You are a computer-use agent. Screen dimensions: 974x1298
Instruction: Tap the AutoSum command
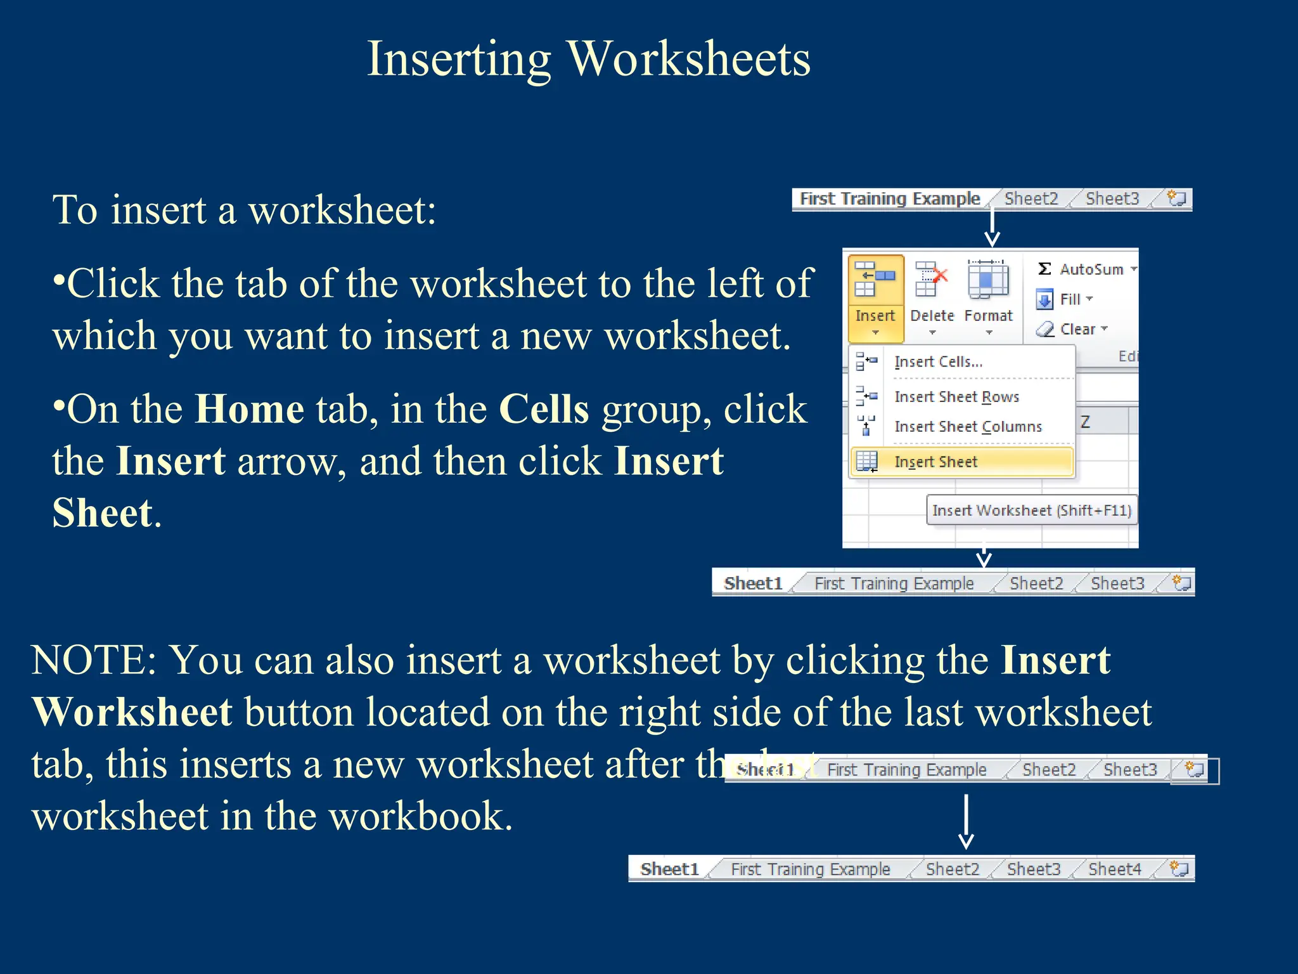click(1085, 269)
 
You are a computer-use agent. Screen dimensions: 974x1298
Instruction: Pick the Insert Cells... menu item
click(938, 362)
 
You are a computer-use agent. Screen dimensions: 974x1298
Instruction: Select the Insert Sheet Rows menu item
click(956, 397)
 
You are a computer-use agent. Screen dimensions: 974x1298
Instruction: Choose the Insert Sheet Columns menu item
click(968, 427)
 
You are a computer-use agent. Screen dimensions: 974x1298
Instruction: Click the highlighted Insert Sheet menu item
click(935, 462)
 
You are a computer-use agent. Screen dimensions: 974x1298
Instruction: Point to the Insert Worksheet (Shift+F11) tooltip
click(1031, 510)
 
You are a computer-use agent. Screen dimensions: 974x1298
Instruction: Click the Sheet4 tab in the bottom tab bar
click(1114, 869)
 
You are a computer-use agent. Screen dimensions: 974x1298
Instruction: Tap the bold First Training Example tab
click(889, 199)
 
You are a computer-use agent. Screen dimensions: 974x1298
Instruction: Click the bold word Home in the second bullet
click(249, 409)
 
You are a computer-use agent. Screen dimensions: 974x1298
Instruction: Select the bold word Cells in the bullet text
click(544, 409)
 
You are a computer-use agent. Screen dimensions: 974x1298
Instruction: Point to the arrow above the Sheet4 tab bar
click(966, 822)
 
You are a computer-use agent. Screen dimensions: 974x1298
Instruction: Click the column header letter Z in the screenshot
click(1085, 422)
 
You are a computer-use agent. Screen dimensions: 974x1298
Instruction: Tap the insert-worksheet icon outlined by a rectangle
click(1195, 770)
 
